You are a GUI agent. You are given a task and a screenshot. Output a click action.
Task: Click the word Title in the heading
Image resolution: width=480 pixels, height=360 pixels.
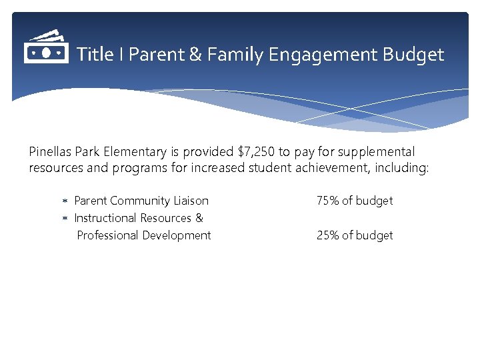click(95, 55)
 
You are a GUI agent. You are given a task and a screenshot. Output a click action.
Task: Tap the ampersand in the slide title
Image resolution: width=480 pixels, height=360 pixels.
click(195, 55)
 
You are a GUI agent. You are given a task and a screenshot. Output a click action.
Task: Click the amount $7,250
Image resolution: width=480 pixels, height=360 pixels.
click(256, 152)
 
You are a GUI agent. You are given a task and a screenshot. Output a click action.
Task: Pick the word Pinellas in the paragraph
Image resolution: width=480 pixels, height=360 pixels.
click(50, 152)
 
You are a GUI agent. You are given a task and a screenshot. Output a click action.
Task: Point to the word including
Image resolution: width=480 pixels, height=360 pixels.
click(403, 168)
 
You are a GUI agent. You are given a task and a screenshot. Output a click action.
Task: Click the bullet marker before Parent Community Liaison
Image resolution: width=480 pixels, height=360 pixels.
click(65, 201)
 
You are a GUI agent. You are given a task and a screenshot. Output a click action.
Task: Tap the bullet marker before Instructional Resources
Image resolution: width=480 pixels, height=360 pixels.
click(65, 218)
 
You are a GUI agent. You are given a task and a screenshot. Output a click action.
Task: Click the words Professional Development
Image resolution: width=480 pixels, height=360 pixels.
click(144, 235)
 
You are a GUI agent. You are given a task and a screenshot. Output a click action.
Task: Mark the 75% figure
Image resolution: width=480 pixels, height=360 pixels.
click(327, 201)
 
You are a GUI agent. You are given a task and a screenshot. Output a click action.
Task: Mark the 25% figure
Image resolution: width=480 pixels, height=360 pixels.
click(327, 235)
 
